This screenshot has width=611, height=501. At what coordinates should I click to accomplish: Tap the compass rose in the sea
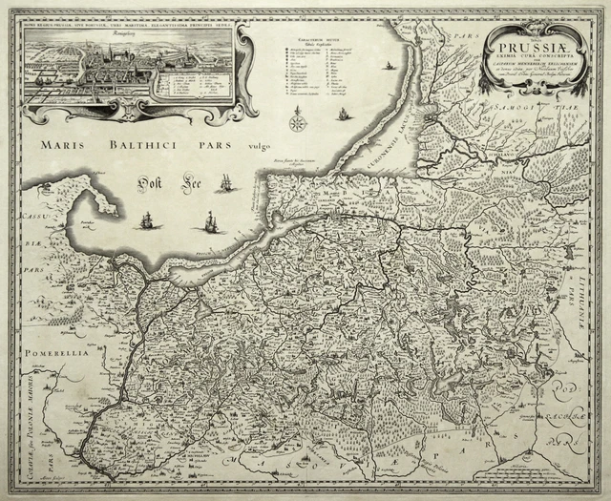point(297,121)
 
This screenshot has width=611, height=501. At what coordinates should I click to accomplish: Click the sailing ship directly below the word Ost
point(146,222)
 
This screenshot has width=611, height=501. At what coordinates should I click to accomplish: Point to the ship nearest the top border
point(390,66)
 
